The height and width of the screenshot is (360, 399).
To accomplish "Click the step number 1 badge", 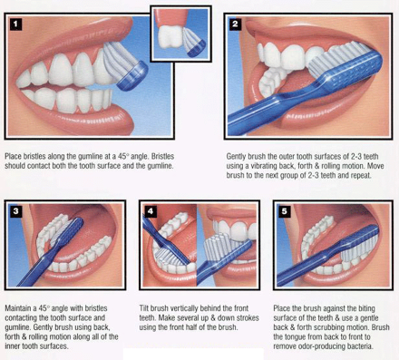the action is pyautogui.click(x=15, y=24).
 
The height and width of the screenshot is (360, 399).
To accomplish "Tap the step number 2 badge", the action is pyautogui.click(x=235, y=24).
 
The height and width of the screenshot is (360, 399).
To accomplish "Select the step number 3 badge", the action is pyautogui.click(x=15, y=211).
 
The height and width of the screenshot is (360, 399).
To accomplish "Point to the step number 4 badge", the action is pyautogui.click(x=151, y=211).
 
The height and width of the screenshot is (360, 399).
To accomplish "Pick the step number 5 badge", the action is pyautogui.click(x=284, y=211).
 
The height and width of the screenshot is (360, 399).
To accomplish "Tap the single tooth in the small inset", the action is pyautogui.click(x=170, y=36).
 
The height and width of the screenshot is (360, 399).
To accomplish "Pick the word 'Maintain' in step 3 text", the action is pyautogui.click(x=18, y=308).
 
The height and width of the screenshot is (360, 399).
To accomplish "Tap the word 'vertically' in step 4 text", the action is pyautogui.click(x=185, y=308).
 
